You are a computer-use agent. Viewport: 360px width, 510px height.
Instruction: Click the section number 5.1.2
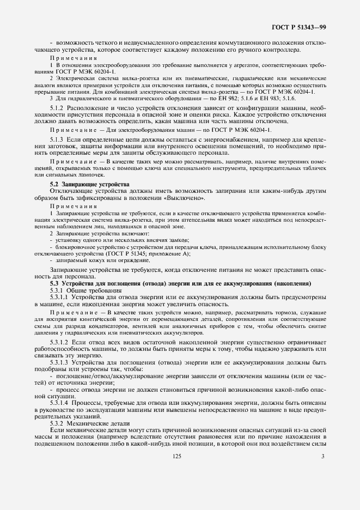tap(59, 107)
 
